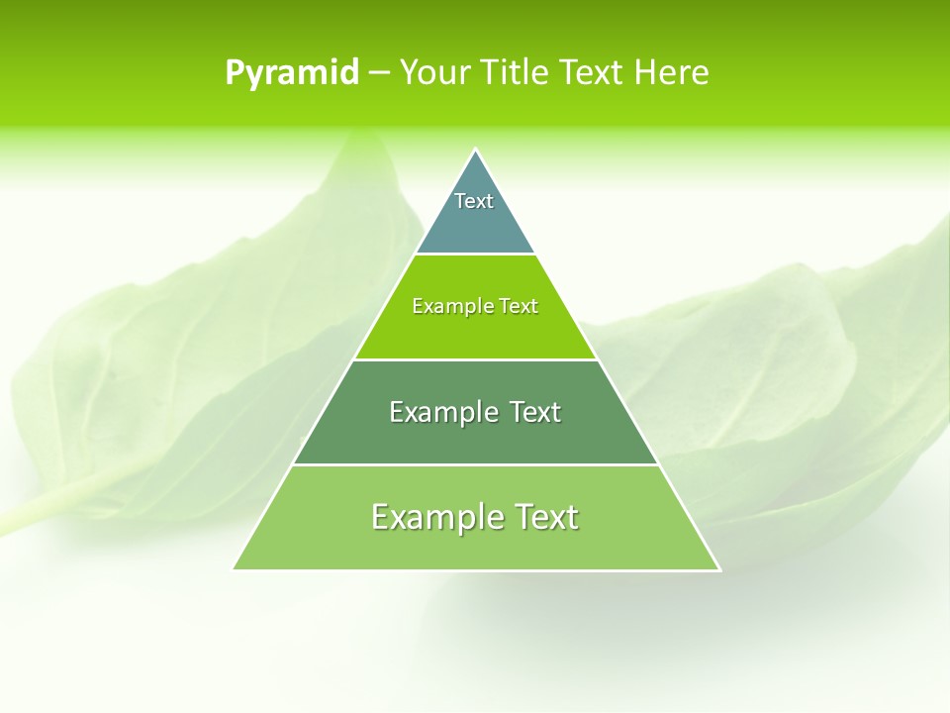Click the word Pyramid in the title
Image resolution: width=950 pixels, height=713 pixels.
click(292, 73)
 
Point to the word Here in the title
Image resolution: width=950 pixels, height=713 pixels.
click(672, 72)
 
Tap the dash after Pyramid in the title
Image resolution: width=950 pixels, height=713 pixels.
click(378, 73)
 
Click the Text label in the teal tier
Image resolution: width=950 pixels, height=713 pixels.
click(474, 201)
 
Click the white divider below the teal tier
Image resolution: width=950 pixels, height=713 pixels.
click(475, 255)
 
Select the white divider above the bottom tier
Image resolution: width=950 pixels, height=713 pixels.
click(475, 464)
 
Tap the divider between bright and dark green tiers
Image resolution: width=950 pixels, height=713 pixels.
click(475, 359)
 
